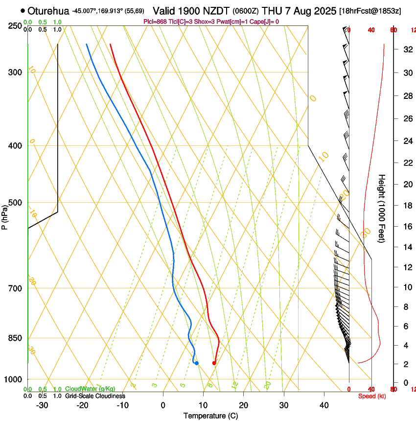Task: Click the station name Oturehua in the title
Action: coord(48,11)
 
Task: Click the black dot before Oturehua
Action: coord(23,10)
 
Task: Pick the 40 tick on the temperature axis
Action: coord(324,405)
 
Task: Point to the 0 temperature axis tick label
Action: coord(163,405)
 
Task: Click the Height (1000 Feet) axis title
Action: coord(382,208)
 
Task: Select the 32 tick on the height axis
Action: coord(407,49)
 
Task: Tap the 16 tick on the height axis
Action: coord(407,227)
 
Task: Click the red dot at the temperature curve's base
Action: coord(214,363)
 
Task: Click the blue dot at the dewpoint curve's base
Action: coord(196,363)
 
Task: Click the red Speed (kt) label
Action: coord(371,396)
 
